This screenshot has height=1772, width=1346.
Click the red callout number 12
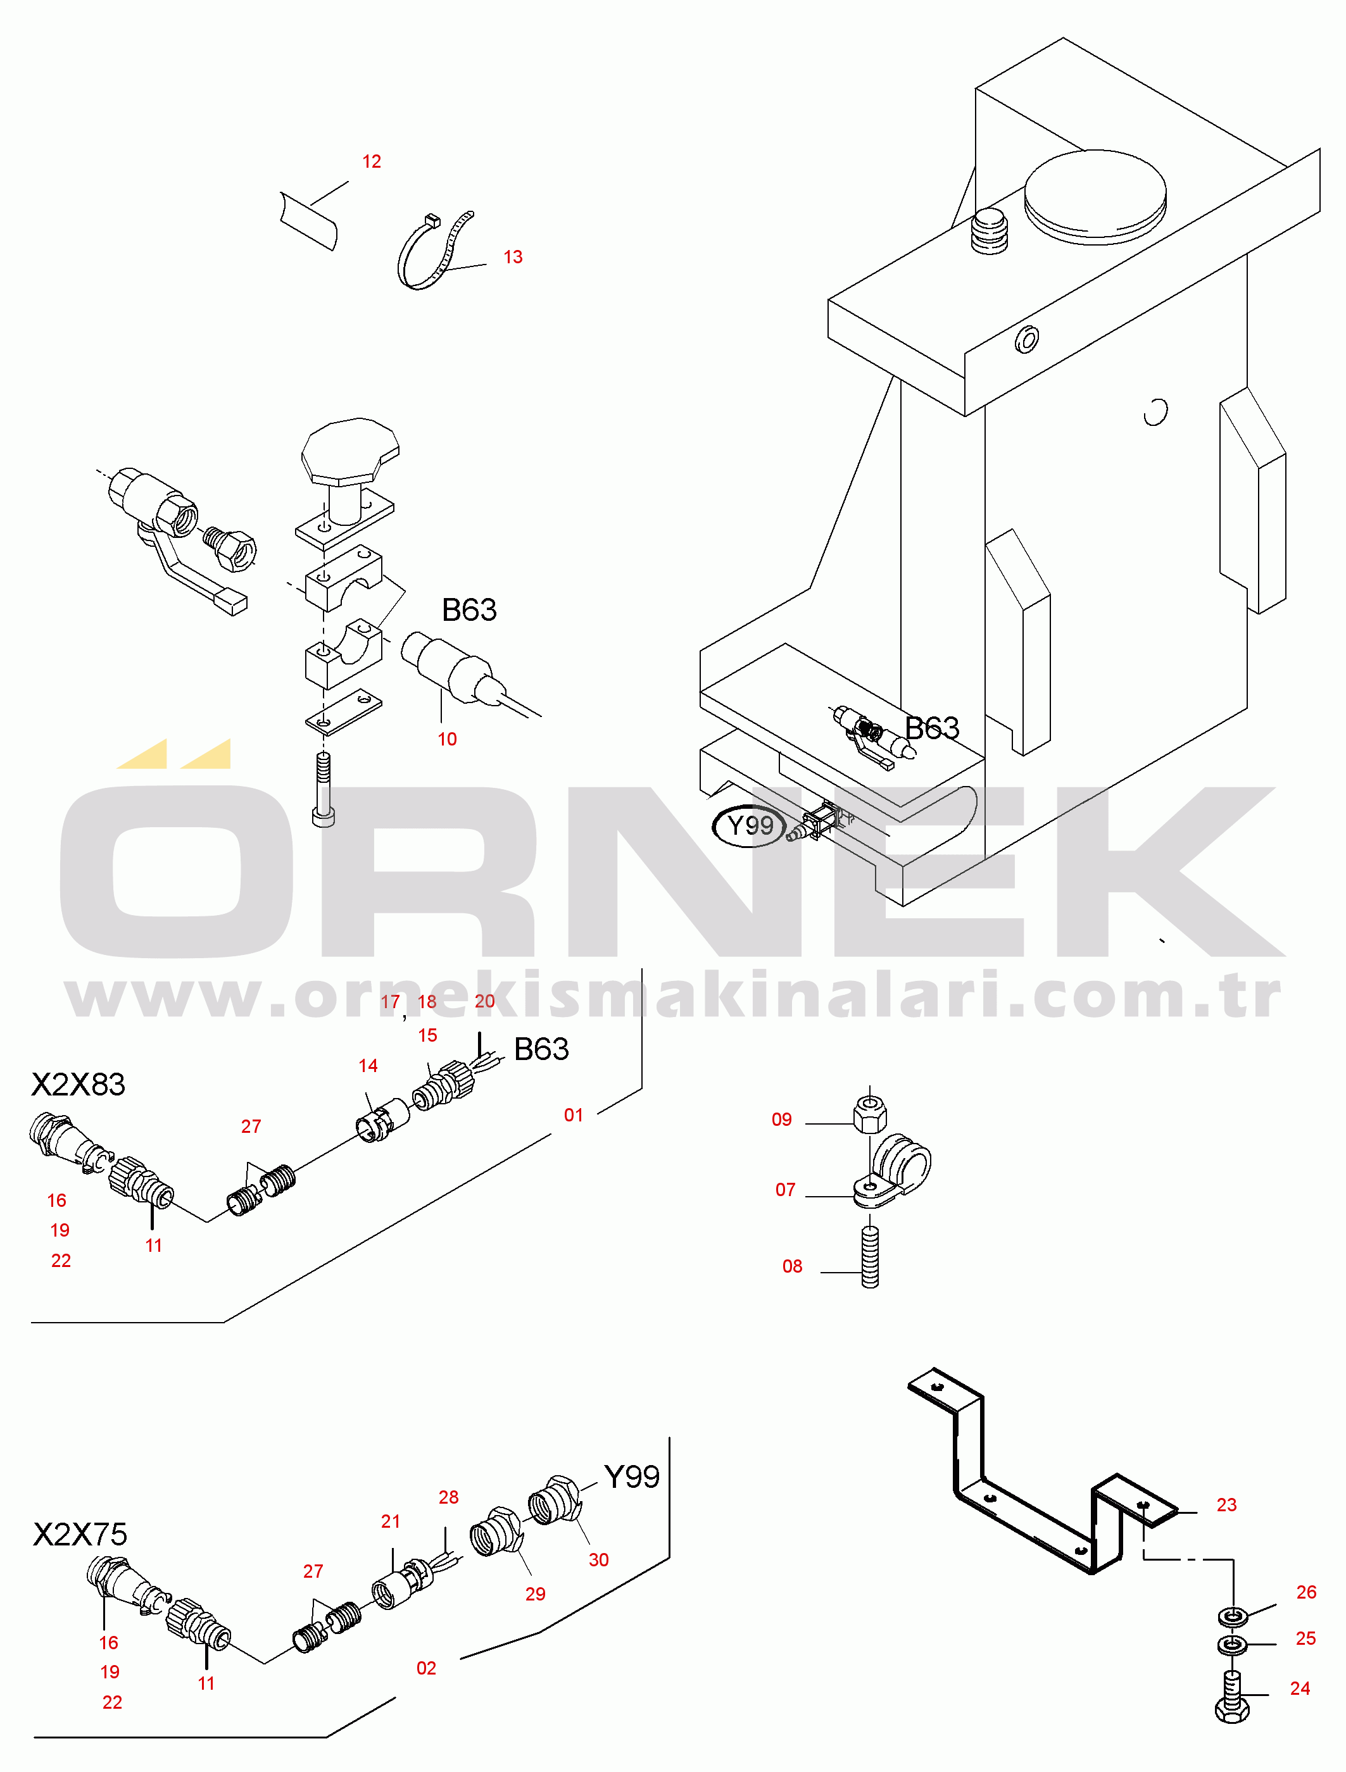point(372,162)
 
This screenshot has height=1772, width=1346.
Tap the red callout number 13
point(513,257)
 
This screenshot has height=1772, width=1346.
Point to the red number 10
point(447,739)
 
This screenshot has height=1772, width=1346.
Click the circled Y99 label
point(749,825)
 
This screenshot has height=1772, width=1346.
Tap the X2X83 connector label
point(79,1085)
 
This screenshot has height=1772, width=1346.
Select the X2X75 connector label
point(80,1535)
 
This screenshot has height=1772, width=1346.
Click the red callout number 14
point(368,1066)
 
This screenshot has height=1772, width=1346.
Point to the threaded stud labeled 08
point(870,1256)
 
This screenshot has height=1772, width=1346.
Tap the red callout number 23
point(1226,1505)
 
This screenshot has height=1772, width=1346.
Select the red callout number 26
point(1306,1592)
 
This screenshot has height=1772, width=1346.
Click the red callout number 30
point(598,1560)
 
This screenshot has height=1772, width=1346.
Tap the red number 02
point(426,1669)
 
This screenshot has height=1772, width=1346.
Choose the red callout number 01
point(574,1115)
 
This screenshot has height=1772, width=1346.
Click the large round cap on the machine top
point(1095,196)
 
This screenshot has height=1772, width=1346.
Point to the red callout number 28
point(449,1497)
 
